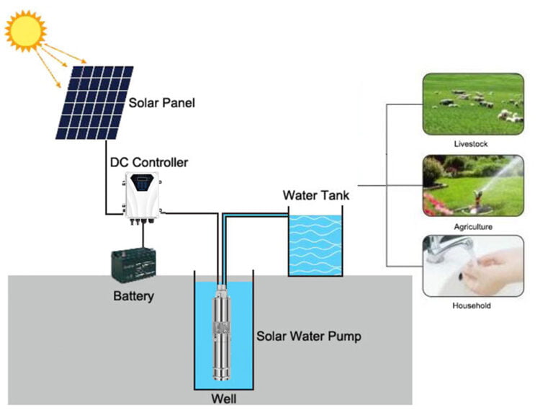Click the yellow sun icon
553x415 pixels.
[x=25, y=30]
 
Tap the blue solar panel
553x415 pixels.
[x=95, y=102]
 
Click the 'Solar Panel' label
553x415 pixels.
[x=162, y=102]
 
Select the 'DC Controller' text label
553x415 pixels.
[x=149, y=162]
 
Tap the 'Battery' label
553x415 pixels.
[x=134, y=295]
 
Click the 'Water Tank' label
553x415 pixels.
[x=316, y=195]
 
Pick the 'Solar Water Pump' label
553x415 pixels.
[x=308, y=336]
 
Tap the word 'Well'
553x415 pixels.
[x=223, y=398]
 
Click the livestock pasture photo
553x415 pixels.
[x=472, y=104]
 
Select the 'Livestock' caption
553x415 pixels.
[x=471, y=144]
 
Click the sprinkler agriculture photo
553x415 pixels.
[x=472, y=185]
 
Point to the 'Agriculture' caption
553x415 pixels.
[x=472, y=226]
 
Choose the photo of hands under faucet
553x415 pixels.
[x=472, y=266]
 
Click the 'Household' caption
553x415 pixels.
[x=472, y=305]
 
